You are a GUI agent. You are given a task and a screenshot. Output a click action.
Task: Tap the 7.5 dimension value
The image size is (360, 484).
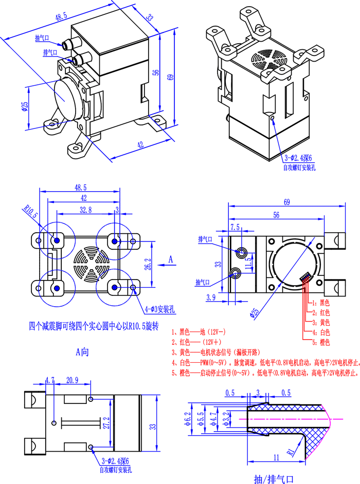(235, 227)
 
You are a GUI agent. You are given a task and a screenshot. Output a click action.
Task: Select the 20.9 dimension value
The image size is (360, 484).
(72, 380)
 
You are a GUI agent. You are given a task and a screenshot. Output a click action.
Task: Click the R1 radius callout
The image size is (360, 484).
(291, 452)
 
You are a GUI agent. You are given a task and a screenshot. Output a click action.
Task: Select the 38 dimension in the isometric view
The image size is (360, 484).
(150, 18)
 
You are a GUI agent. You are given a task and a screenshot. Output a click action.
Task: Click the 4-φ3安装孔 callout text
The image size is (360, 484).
(160, 309)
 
